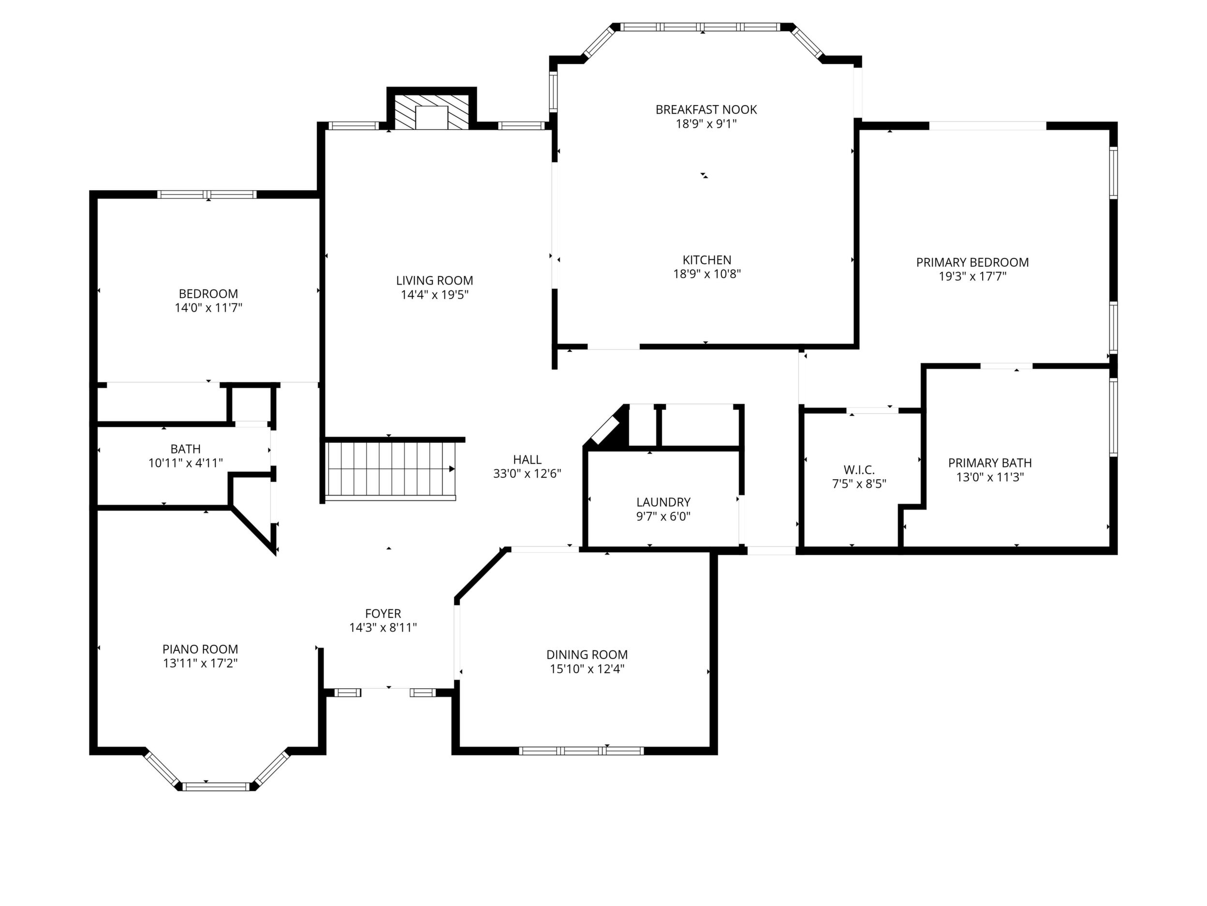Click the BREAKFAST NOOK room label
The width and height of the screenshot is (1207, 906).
706,110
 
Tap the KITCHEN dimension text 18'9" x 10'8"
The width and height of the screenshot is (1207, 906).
707,274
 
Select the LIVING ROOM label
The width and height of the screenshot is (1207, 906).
434,281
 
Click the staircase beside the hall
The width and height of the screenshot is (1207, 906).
391,471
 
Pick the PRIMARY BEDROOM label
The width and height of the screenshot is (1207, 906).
972,263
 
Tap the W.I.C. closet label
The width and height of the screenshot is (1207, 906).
859,469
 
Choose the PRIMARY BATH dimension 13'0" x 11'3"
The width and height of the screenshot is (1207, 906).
990,477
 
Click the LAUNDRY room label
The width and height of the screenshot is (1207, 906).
663,502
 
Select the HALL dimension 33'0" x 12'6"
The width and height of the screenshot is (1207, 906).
527,474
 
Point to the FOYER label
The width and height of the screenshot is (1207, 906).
383,614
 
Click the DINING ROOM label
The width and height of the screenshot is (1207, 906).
587,655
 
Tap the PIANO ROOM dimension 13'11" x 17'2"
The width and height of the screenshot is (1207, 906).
200,664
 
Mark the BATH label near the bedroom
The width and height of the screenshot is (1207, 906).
186,449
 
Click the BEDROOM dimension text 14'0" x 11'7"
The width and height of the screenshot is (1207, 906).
208,308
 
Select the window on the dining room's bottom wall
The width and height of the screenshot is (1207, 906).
581,751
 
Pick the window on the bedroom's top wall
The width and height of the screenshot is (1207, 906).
207,195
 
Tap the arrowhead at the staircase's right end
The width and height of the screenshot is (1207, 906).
452,469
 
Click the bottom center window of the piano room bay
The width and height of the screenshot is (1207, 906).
216,787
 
